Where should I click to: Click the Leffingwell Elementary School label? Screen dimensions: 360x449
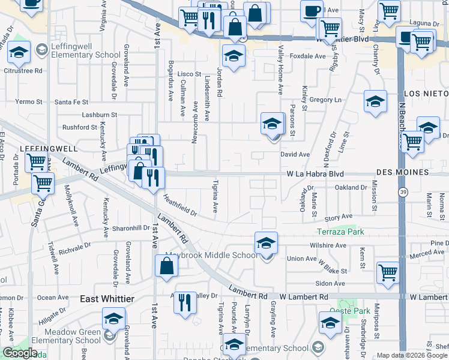coord(82,55)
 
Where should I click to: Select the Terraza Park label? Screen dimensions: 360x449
coord(341,232)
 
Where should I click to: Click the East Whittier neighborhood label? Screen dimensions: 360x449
coord(107,299)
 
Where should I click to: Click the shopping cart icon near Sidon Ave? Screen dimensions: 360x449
coord(388,272)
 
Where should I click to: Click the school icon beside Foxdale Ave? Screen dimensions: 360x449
coord(232,56)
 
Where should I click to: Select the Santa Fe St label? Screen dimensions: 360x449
coord(71,102)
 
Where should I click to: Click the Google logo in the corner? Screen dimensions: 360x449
coord(20,353)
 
